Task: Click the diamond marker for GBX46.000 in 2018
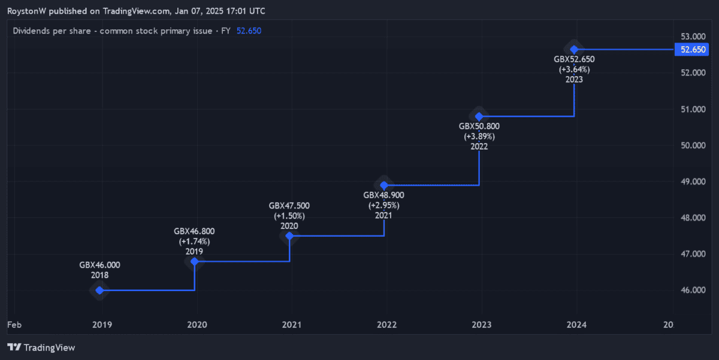(99, 291)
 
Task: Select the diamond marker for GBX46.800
(194, 262)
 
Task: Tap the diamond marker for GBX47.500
(289, 236)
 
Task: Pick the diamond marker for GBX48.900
(384, 185)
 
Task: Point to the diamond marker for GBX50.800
(479, 116)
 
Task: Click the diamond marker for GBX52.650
(574, 49)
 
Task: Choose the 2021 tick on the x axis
(292, 325)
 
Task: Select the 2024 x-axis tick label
(576, 325)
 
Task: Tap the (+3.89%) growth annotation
(479, 137)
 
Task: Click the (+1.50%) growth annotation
(289, 216)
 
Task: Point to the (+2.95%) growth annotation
(384, 205)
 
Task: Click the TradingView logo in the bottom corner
(41, 347)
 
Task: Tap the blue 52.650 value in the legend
(249, 31)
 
